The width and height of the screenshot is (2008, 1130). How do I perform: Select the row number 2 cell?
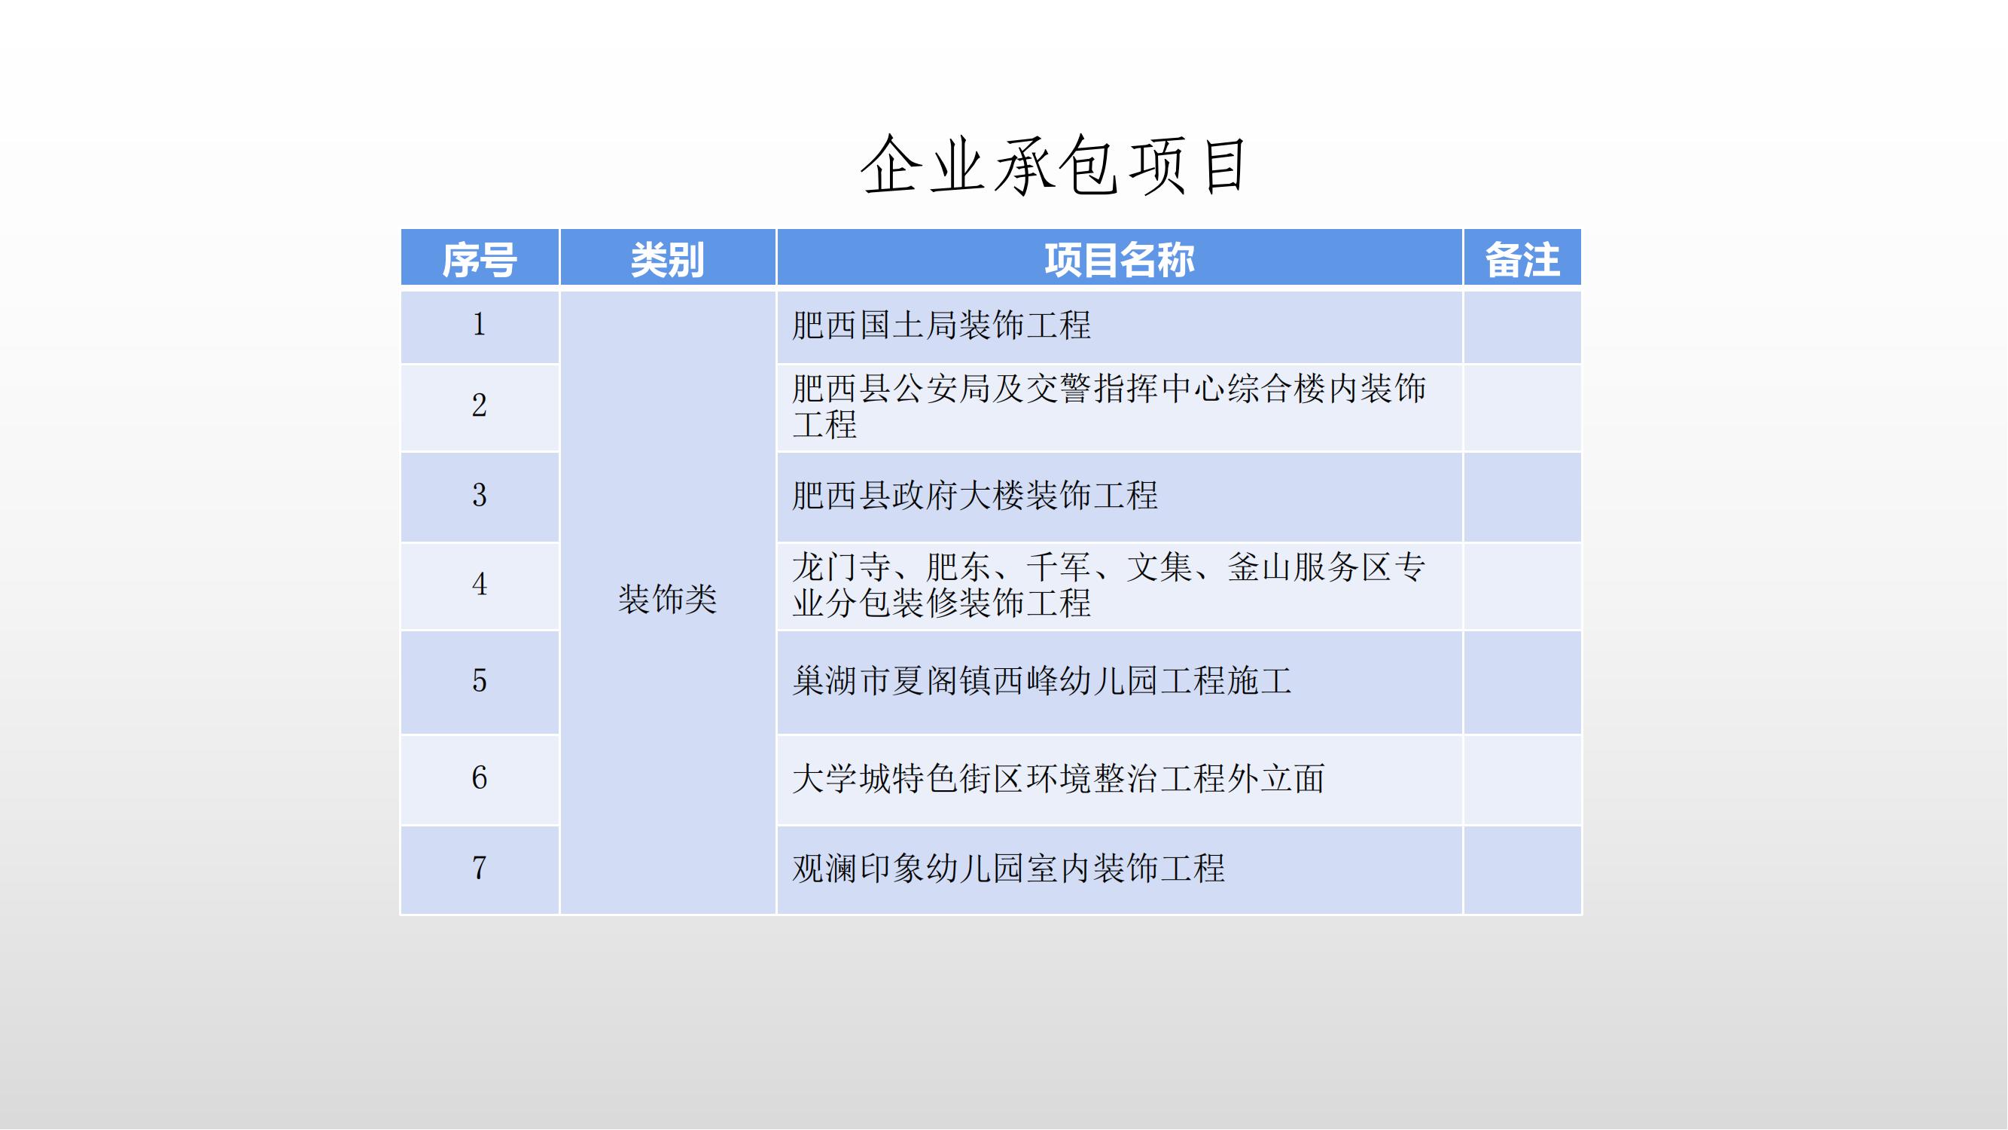480,406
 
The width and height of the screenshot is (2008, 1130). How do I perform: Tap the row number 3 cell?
480,496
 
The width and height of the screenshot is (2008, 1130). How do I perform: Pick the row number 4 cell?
480,585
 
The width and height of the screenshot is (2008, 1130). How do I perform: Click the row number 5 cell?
480,682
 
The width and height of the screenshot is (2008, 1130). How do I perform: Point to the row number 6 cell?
480,779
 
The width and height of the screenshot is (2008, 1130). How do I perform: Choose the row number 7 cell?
480,869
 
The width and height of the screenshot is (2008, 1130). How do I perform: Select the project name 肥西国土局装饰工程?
942,325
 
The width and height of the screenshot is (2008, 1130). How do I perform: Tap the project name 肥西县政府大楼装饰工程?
975,495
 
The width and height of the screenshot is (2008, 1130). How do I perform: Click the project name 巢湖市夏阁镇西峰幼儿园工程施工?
1042,681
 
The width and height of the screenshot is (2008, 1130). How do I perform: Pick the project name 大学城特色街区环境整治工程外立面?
1059,778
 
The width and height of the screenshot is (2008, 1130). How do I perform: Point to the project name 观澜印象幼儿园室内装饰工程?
1009,868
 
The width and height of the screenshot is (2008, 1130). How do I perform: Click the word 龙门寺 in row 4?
842,567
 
